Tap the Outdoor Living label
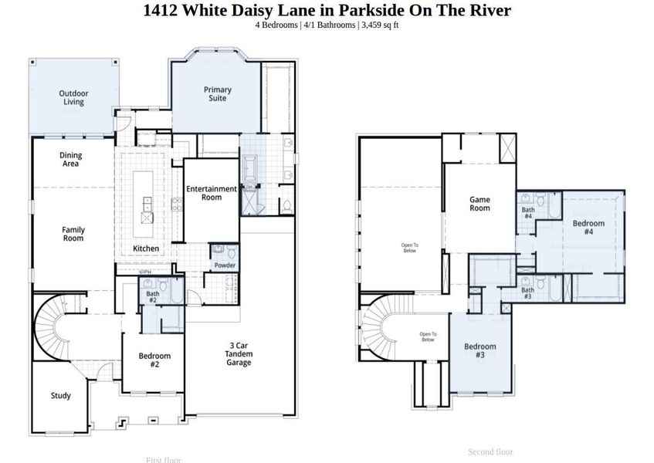(73, 98)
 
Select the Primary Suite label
(217, 94)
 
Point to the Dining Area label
(71, 159)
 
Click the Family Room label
(73, 234)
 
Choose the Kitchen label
(146, 248)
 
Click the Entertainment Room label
(212, 193)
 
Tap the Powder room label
(225, 265)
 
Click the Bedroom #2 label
(154, 360)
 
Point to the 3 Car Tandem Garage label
(239, 354)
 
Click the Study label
(61, 396)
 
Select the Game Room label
(479, 204)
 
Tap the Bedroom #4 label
(588, 227)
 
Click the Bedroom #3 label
(479, 350)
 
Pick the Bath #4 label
(528, 212)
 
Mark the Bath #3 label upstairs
(527, 293)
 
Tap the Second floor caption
(490, 451)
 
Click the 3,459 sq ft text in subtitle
(380, 25)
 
